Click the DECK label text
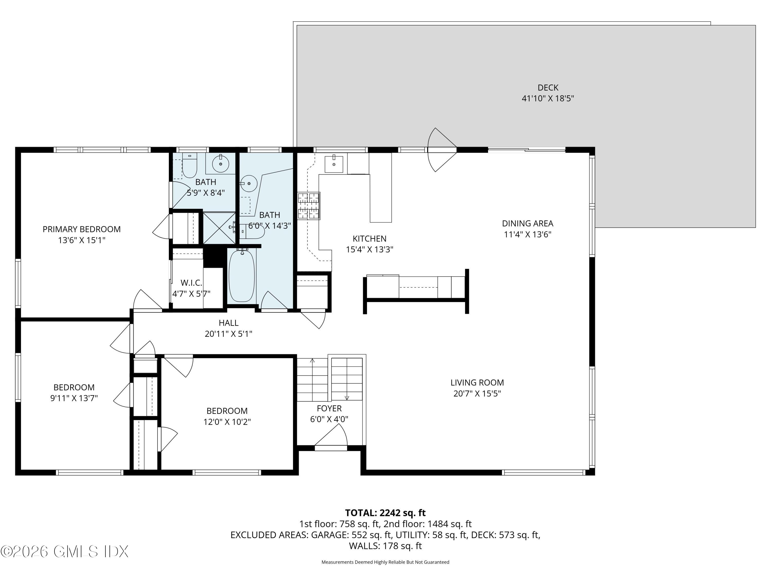click(548, 87)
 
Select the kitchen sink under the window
click(334, 164)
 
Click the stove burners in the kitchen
click(308, 206)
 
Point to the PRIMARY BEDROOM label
click(81, 229)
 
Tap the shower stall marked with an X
click(219, 228)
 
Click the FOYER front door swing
click(331, 435)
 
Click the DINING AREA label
click(527, 223)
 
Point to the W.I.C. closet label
click(191, 283)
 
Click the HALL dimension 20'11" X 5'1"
click(228, 334)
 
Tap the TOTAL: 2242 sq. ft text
click(385, 513)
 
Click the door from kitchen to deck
click(442, 150)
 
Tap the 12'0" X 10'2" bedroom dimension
click(227, 422)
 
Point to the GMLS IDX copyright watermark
click(65, 551)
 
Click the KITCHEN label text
click(370, 239)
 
